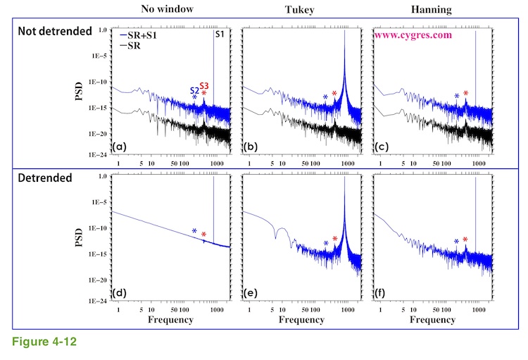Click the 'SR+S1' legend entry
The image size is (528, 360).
coord(144,35)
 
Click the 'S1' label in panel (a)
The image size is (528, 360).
coord(221,35)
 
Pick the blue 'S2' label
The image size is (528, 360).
coord(194,89)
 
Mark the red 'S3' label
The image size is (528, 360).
coord(204,85)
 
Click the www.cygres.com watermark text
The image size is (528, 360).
coord(413,34)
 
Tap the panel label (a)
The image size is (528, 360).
coord(120,147)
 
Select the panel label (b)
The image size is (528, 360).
coord(250,147)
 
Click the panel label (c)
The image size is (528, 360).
coord(380,147)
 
